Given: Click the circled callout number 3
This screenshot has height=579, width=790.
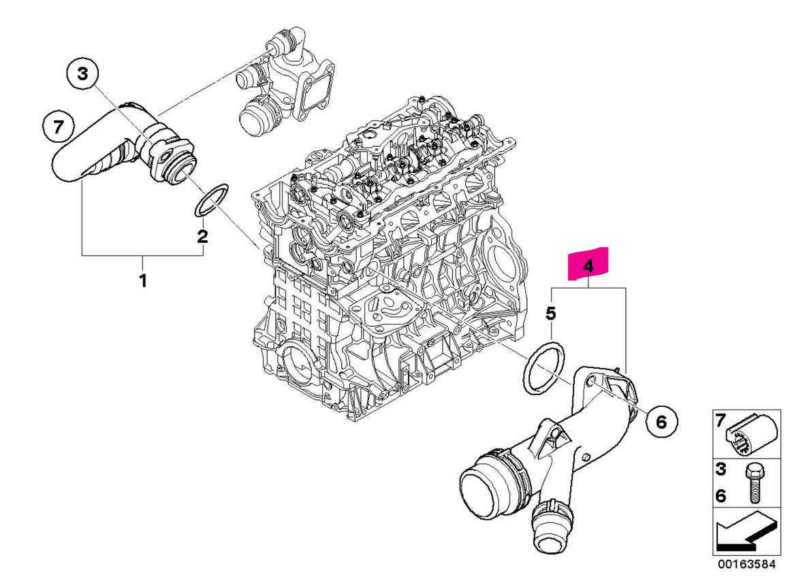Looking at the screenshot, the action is [82, 74].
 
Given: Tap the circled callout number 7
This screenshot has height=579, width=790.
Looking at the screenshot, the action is [59, 127].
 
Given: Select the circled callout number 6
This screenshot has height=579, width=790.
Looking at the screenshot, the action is [661, 422].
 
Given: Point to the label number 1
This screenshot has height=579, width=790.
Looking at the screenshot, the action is [143, 280].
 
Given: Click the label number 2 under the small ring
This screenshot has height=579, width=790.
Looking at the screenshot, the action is [202, 236].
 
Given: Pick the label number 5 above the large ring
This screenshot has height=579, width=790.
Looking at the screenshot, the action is [551, 314].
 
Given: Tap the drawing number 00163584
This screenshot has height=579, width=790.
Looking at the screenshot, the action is [747, 564].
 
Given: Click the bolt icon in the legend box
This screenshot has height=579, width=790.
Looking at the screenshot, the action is [755, 483].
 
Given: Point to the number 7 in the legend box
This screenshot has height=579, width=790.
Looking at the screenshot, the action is [721, 420].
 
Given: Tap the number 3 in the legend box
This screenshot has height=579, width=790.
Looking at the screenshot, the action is [721, 469].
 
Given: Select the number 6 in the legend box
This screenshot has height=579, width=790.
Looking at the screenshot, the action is [721, 496].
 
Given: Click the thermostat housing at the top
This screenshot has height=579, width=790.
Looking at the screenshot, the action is [285, 83].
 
